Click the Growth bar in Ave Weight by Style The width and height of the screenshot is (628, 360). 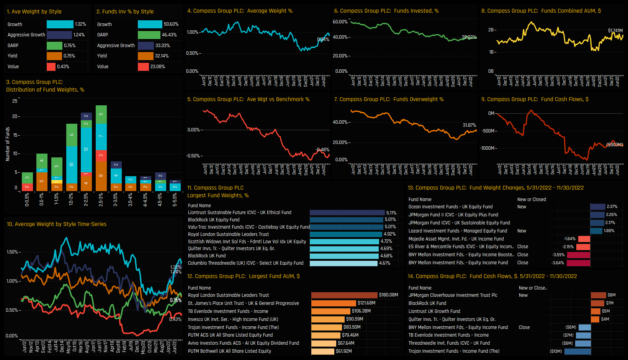pos(60,24)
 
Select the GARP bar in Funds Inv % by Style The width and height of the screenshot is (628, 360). pos(149,35)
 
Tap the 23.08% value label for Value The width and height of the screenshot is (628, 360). pos(158,67)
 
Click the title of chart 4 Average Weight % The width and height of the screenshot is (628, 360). pos(240,11)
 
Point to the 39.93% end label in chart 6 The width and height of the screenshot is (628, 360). pos(469,37)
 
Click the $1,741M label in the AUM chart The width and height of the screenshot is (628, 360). pos(615,31)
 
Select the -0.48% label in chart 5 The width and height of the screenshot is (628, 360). pos(322,150)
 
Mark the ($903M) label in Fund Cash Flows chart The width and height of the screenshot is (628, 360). pos(615,145)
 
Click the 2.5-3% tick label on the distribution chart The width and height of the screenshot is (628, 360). pos(101,200)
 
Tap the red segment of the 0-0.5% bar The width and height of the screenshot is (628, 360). pos(27,187)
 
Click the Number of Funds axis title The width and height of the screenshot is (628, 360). pos(8,144)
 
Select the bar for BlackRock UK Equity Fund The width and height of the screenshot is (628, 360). pos(346,220)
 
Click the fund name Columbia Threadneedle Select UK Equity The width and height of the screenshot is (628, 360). pos(245,263)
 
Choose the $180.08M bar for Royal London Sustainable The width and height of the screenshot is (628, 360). pos(344,295)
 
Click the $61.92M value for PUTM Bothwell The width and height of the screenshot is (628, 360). pos(344,351)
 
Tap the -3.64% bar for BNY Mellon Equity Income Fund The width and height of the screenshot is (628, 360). pos(578,263)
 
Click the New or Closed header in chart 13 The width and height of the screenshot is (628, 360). pos(532,200)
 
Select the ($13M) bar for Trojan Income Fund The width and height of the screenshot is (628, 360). pos(577,351)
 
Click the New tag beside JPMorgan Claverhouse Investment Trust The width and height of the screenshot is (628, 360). pos(523,295)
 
